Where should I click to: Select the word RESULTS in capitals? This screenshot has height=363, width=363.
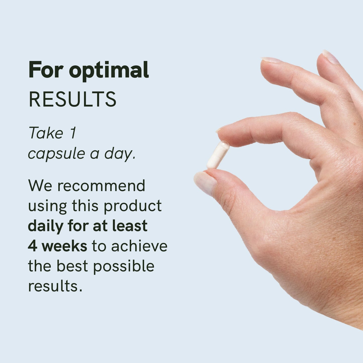tap(73, 99)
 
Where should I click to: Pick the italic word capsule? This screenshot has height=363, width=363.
tap(56, 153)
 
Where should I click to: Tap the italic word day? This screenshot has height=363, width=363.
tap(120, 153)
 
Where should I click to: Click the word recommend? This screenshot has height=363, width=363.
tap(101, 186)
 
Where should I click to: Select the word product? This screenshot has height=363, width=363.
tap(132, 206)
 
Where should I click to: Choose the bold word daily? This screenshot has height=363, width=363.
tap(45, 226)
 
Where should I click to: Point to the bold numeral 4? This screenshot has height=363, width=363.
tap(32, 246)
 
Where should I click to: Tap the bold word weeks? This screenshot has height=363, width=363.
tap(64, 246)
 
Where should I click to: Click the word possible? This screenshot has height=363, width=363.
tap(124, 267)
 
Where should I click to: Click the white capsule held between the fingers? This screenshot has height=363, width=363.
tap(218, 155)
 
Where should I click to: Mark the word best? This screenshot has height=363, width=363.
tap(72, 266)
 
